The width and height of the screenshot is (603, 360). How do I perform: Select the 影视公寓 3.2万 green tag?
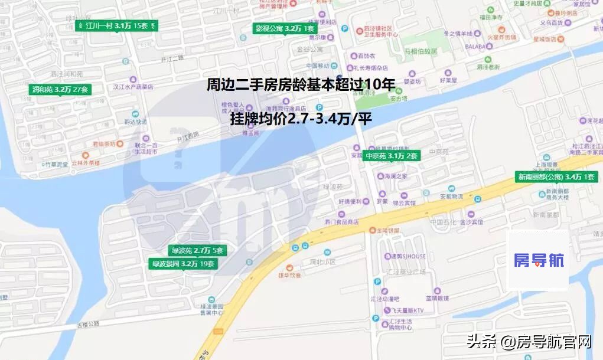pos(285,28)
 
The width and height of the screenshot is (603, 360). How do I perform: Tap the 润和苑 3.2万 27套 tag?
pos(60,90)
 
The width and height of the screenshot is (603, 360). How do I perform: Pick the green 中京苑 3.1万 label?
pos(392,156)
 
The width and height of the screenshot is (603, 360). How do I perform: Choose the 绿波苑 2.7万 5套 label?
pos(197,251)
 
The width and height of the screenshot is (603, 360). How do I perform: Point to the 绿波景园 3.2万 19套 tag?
pos(183,264)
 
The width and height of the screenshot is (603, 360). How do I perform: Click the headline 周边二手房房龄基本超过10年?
pos(301,85)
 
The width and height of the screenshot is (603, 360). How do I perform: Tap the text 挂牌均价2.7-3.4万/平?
pos(301,119)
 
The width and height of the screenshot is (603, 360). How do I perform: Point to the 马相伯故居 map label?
pos(421,51)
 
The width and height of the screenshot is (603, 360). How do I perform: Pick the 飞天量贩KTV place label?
pos(410,310)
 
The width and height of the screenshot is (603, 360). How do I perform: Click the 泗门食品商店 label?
pos(341,222)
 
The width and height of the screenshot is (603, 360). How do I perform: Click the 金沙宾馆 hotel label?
pos(472,222)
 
